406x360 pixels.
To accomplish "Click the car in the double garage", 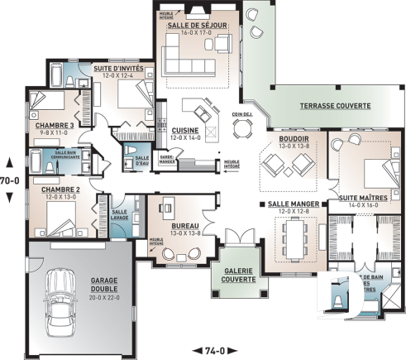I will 60,296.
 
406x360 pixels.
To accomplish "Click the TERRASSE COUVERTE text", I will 323,107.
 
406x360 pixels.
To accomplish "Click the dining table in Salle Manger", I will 291,242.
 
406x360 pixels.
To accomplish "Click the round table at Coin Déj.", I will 241,127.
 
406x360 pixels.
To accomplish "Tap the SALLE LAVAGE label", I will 119,214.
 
